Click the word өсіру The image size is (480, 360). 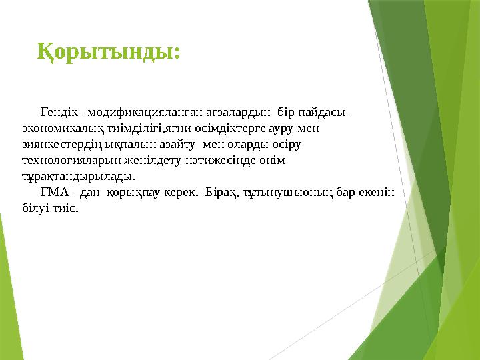tap(290, 144)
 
